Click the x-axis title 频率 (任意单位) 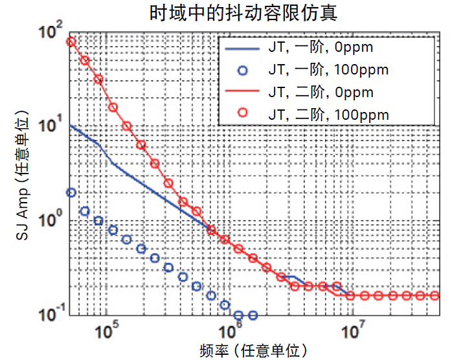tap(253, 350)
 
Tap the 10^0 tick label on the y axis tap(51, 219)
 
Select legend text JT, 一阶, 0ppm tap(321, 47)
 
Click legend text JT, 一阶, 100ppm tap(328, 70)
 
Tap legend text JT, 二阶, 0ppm tap(321, 92)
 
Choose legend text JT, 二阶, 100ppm tap(328, 115)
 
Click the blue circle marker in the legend tap(242, 70)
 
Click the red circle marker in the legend tap(242, 115)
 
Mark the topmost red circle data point tap(71, 41)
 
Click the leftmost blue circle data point tap(71, 192)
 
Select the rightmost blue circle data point tap(253, 315)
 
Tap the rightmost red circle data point tap(435, 296)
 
